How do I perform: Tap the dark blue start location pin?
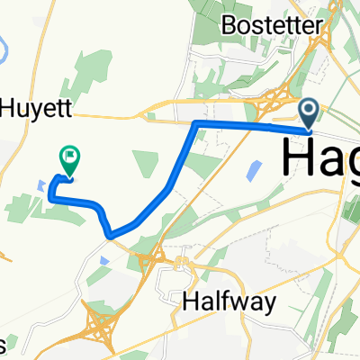[x=309, y=114]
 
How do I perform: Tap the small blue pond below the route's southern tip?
[x=106, y=258]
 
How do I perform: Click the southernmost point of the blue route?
[x=110, y=236]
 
